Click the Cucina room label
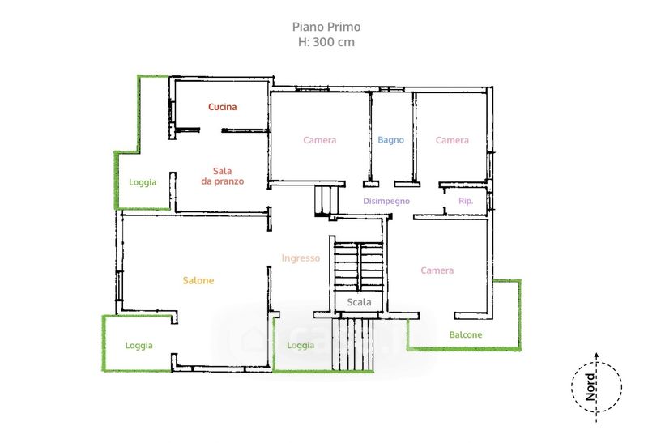222,107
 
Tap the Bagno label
390,140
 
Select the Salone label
198,280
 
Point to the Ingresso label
301,258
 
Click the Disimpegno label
386,201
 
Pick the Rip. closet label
466,201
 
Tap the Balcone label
466,334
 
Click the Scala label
359,302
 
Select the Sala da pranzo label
222,176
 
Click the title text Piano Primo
326,27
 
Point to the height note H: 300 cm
326,42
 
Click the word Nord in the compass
590,387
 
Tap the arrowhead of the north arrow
596,355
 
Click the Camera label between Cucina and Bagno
319,140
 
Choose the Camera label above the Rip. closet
452,140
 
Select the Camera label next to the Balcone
437,270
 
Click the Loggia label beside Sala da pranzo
143,182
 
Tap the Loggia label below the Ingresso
301,346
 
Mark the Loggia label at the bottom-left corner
139,346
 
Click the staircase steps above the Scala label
358,266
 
